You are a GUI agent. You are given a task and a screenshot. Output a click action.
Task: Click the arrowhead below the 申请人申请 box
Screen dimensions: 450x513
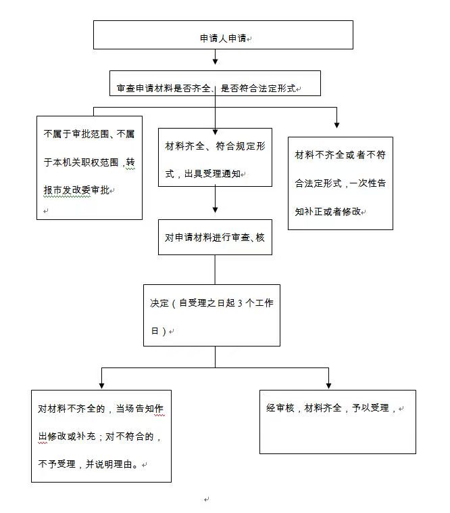tap(216, 61)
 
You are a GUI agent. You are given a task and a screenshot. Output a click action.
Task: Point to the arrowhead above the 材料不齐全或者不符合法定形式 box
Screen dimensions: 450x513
tap(336, 125)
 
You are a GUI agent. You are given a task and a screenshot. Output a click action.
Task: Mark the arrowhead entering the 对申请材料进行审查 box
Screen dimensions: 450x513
tap(216, 210)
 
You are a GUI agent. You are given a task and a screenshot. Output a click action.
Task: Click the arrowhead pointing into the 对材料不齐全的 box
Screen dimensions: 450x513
tap(101, 385)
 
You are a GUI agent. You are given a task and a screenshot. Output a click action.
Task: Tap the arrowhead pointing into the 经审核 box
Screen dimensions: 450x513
tap(328, 385)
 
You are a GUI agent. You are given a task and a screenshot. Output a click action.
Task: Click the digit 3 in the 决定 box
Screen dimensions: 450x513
tap(240, 304)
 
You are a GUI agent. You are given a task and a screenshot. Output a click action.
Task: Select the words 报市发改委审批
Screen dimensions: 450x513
tap(76, 190)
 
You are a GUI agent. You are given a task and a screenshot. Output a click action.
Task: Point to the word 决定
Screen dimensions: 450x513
tap(159, 303)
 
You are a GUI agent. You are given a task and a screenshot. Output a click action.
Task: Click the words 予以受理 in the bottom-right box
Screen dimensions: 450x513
tap(370, 408)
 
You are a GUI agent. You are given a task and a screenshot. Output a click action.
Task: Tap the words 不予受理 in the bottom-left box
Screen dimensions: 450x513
tap(57, 464)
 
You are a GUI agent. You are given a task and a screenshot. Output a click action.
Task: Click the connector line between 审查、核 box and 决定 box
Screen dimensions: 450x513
tap(215, 270)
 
